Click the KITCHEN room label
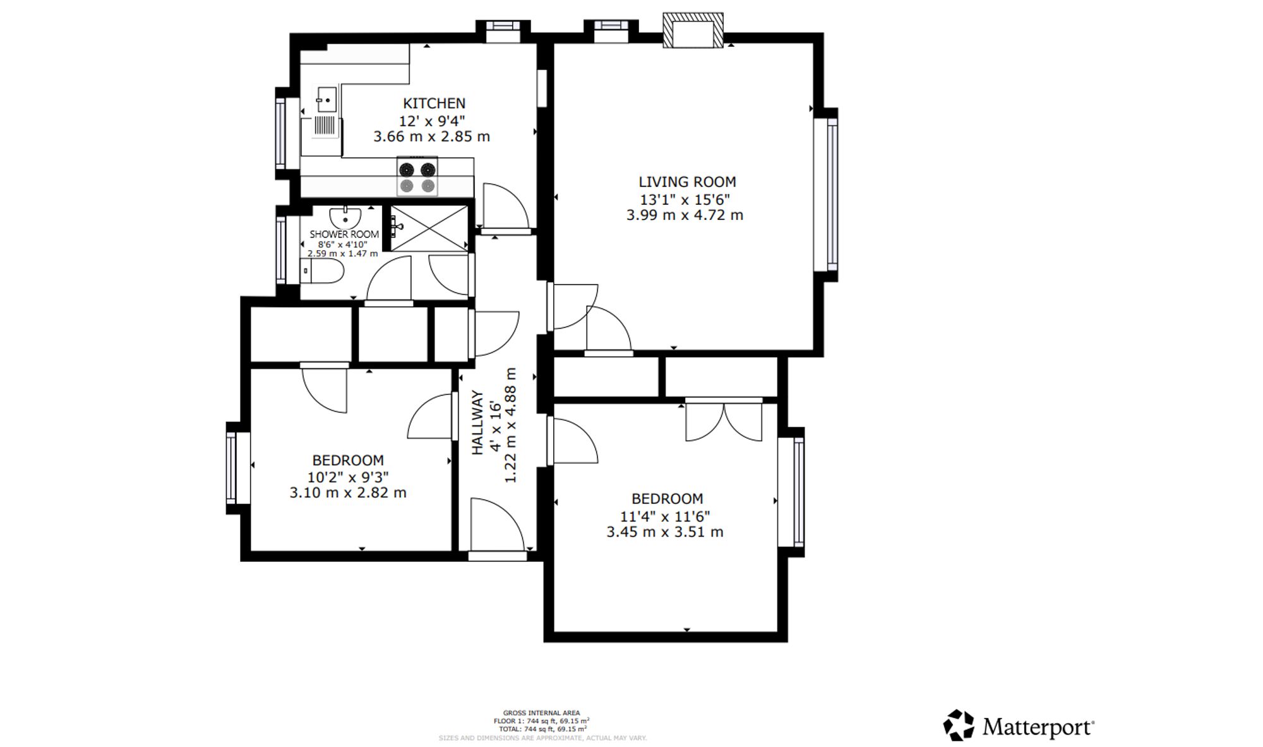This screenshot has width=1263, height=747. (x=434, y=103)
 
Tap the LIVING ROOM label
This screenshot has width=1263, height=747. (x=687, y=182)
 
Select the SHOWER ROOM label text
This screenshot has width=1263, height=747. (x=344, y=234)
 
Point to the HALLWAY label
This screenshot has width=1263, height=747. (x=477, y=422)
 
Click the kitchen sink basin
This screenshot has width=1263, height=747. (x=326, y=100)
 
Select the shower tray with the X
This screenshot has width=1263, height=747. (x=429, y=228)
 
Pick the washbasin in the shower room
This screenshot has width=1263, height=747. (x=345, y=217)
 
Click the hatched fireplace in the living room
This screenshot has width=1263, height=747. (x=693, y=30)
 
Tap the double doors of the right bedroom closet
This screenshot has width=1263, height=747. (x=724, y=421)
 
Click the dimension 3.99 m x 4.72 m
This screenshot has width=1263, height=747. (x=685, y=215)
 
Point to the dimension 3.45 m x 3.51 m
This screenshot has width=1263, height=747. (x=665, y=532)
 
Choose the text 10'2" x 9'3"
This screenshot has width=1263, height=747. (x=348, y=477)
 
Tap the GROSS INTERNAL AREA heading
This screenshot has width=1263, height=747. (x=541, y=713)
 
